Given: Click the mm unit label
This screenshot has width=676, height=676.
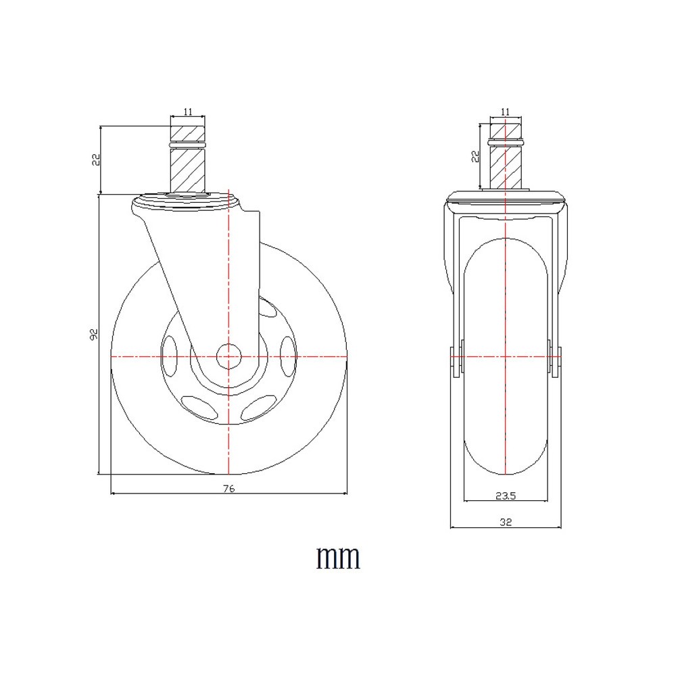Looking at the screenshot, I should pyautogui.click(x=338, y=558).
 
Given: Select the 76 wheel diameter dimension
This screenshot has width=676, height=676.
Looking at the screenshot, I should pyautogui.click(x=228, y=489).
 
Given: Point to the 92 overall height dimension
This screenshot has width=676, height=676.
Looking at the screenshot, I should pyautogui.click(x=95, y=333).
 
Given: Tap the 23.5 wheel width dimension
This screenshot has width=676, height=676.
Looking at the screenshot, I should pyautogui.click(x=505, y=496).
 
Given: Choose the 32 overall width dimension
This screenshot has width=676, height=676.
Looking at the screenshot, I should pyautogui.click(x=505, y=521).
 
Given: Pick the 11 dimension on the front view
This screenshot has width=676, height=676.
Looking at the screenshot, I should pyautogui.click(x=506, y=112).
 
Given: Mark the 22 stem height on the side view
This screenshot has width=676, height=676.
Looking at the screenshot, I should pyautogui.click(x=96, y=160).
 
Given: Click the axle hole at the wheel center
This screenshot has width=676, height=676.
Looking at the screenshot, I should pyautogui.click(x=228, y=355).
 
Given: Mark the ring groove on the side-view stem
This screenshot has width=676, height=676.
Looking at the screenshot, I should pyautogui.click(x=187, y=145).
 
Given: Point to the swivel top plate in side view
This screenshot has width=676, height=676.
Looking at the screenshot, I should pyautogui.click(x=187, y=201).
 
